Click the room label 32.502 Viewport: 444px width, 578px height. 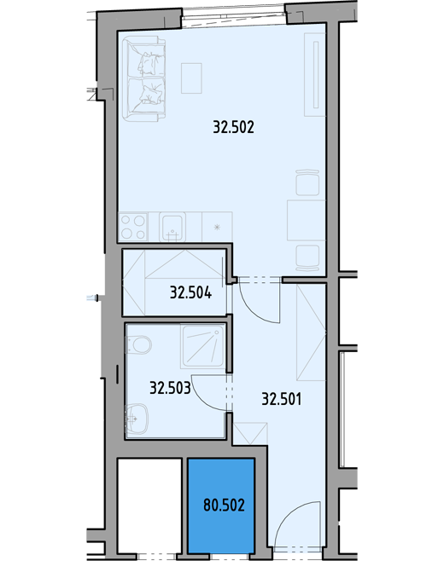coord(234,127)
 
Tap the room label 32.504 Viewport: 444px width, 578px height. coord(190,292)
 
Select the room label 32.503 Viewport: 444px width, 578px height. coord(170,388)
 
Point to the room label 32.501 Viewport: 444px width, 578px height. coord(281,399)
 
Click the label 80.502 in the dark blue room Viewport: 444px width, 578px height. coord(224,505)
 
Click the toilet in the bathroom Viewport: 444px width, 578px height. coord(139,344)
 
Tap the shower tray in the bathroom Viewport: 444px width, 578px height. coord(202,346)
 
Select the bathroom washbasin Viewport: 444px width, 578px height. coord(137,419)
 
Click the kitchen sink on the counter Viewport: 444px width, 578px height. coord(172,227)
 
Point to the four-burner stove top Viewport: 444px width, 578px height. coord(133,227)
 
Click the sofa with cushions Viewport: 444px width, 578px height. coord(144,79)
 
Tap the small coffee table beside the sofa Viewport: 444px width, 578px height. coord(191,78)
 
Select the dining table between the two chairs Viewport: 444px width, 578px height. coord(307,220)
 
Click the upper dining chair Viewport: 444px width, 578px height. coord(307,182)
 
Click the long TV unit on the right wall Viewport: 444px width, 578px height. coord(315,74)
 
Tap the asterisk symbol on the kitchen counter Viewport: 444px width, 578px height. coord(218,227)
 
